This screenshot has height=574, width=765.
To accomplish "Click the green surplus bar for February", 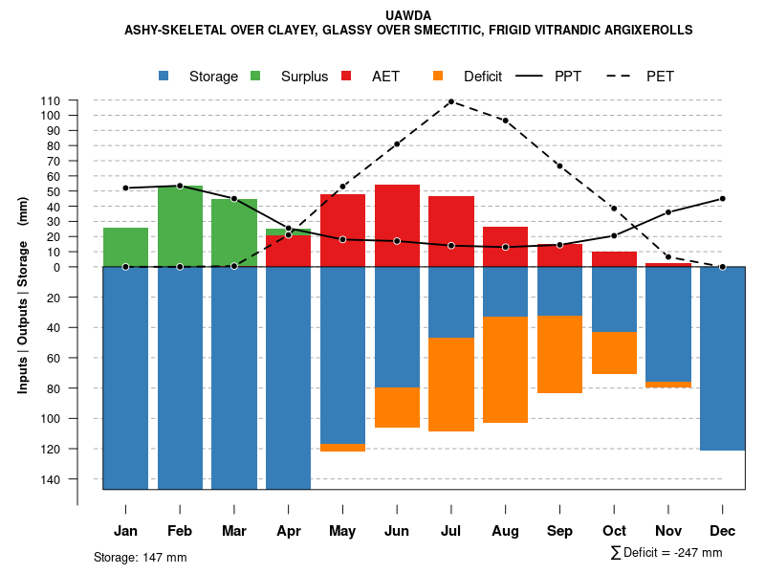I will click(x=180, y=226).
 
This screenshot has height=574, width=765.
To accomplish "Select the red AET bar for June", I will click(x=397, y=226).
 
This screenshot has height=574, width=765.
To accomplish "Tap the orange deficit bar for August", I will click(x=506, y=369).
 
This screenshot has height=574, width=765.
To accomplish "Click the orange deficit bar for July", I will click(x=451, y=384).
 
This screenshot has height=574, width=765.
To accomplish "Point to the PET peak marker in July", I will click(x=450, y=100).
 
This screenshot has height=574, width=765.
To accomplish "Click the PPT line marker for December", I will click(x=722, y=198).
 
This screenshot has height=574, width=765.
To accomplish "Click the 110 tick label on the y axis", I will click(x=51, y=100).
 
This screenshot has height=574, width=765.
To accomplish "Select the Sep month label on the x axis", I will click(x=559, y=531).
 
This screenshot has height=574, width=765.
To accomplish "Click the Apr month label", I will click(x=288, y=531).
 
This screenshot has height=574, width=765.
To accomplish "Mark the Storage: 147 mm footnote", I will click(x=140, y=557).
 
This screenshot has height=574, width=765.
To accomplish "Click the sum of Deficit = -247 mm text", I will click(x=667, y=553).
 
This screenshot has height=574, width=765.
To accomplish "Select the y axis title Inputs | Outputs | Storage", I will click(x=23, y=295).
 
